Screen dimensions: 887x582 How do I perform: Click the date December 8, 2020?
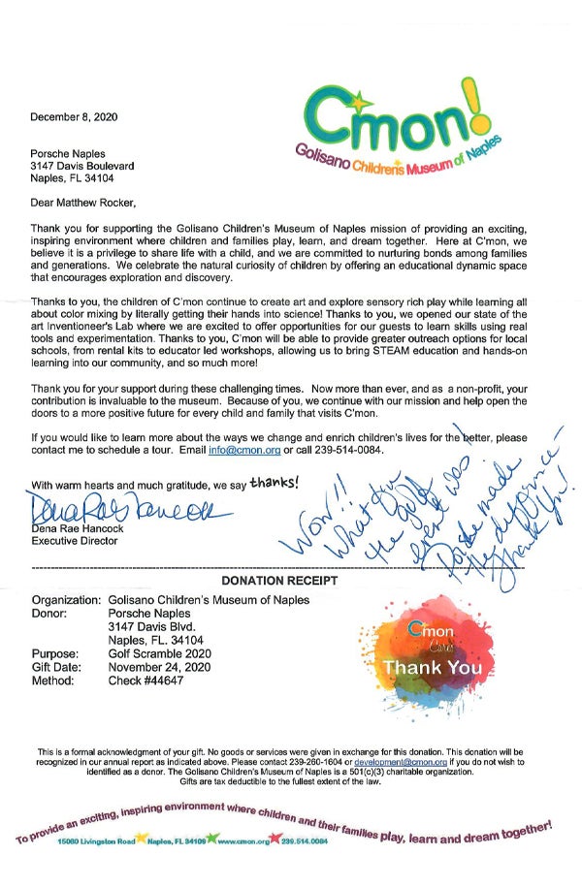point(73,117)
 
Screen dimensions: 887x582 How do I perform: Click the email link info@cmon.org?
point(242,451)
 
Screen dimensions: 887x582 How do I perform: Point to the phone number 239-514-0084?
point(343,451)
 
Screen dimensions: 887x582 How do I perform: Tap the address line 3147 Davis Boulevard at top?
point(81,166)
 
